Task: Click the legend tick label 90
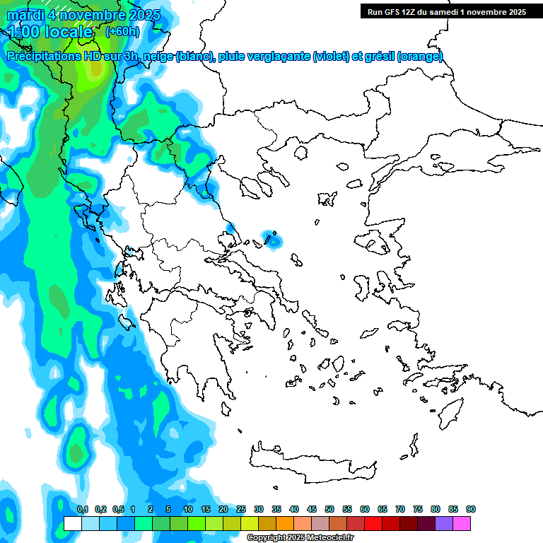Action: click(x=470, y=509)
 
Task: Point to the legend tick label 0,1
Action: click(x=83, y=509)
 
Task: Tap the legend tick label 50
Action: click(x=329, y=509)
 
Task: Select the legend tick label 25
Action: click(x=241, y=509)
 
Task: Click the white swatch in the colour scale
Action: click(x=72, y=523)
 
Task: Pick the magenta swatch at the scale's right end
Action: click(x=462, y=523)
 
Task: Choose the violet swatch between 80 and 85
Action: click(x=444, y=523)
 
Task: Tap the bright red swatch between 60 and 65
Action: click(x=373, y=523)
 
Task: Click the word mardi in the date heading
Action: click(x=25, y=15)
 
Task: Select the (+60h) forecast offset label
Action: click(x=122, y=32)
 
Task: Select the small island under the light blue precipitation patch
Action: click(x=271, y=239)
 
